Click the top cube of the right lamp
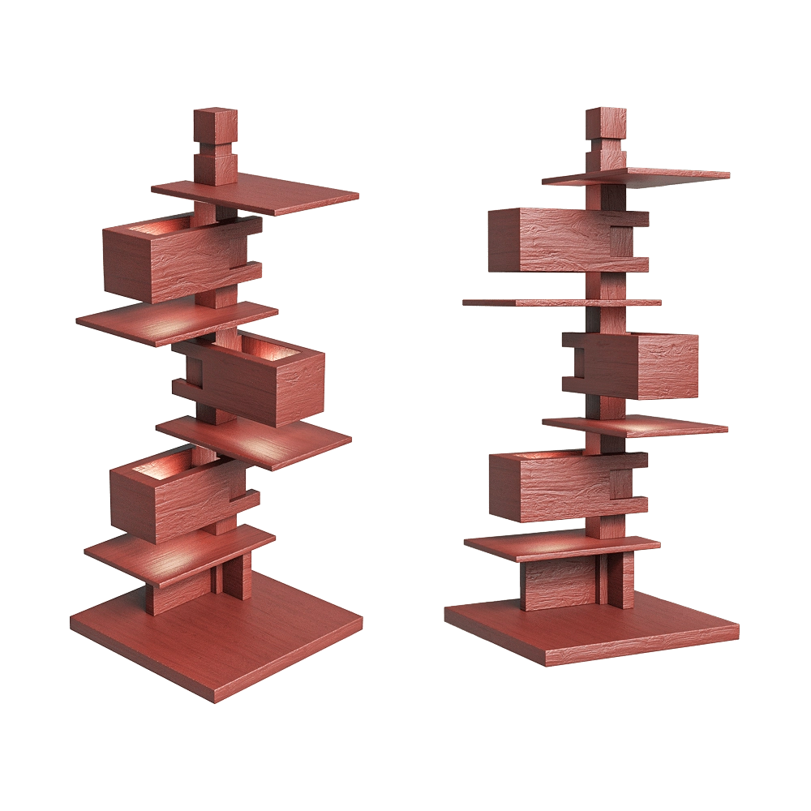click(607, 122)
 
